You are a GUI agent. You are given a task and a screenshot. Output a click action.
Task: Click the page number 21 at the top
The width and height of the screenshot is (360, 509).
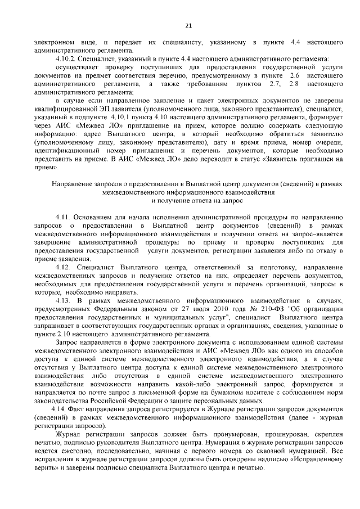(x=188, y=25)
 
